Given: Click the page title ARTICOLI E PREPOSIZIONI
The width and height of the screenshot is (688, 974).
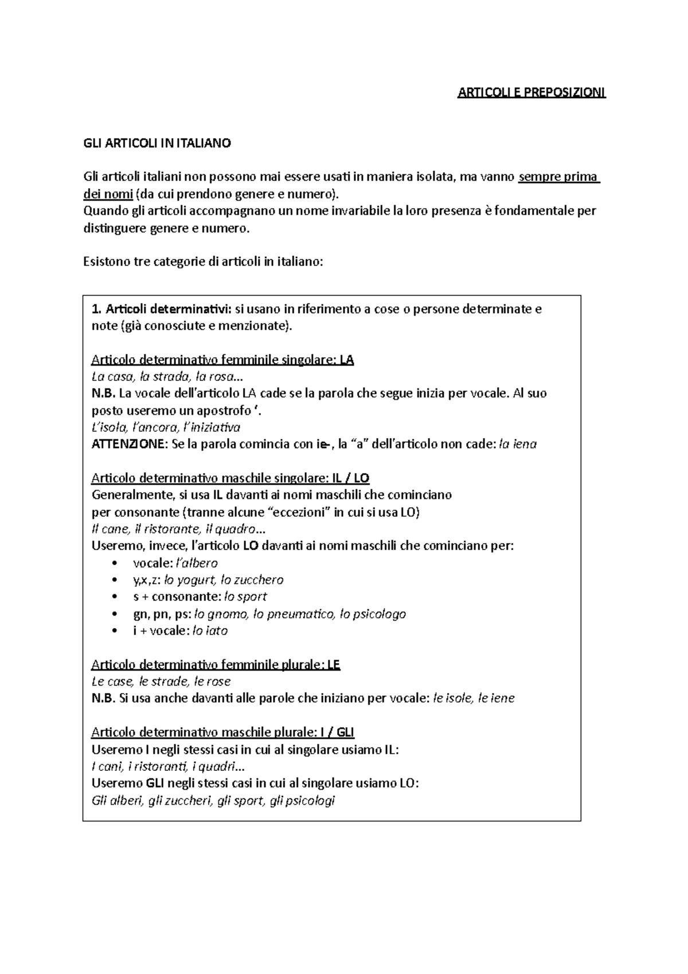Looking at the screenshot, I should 531,93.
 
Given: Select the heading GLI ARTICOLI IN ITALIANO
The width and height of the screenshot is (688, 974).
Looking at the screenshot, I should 157,143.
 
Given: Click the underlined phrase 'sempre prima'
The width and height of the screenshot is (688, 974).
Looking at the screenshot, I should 558,177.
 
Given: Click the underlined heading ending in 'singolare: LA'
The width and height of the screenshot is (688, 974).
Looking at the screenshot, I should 222,360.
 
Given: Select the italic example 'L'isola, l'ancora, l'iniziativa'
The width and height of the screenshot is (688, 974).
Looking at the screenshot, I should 166,427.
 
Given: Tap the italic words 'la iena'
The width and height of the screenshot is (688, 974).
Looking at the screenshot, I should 518,444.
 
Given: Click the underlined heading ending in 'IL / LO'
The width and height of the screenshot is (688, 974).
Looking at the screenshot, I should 230,478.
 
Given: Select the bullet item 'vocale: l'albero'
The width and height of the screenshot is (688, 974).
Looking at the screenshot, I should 175,563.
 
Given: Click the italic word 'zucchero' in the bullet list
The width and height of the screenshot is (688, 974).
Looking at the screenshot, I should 257,580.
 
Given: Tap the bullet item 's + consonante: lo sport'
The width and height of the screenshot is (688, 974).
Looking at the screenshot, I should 200,597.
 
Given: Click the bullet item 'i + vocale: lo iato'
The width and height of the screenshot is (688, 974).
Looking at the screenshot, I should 180,631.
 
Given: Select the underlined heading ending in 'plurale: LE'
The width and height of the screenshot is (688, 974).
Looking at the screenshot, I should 216,665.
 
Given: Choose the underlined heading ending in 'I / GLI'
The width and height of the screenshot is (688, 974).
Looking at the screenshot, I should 223,733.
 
